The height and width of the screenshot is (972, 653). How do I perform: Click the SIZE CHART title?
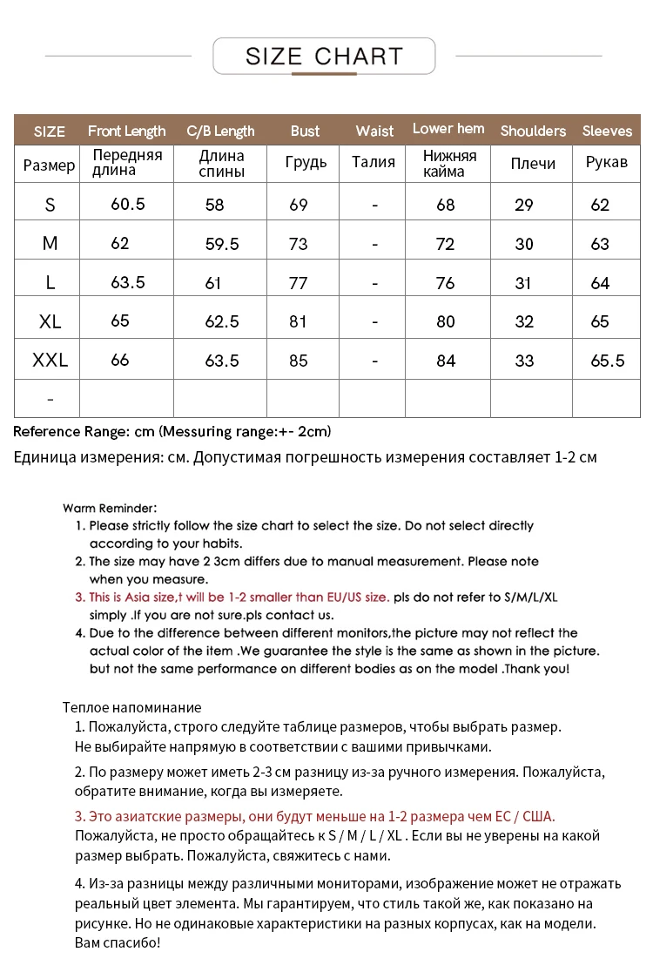324,57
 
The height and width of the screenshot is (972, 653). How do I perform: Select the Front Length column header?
126,131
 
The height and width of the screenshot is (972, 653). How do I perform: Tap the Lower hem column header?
448,129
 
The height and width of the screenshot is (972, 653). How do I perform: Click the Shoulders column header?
533,131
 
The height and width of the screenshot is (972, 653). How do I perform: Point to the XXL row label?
50,360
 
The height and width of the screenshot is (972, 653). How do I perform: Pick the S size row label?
50,206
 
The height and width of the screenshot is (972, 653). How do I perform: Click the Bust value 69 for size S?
299,206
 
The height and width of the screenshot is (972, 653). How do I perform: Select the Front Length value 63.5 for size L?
128,282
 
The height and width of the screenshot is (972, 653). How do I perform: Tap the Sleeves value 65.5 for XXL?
607,361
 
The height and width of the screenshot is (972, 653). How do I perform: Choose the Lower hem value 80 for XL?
446,321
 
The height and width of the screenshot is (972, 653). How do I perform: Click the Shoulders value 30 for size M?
524,245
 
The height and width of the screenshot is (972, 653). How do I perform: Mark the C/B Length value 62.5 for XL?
221,321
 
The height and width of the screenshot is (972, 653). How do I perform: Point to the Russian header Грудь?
306,163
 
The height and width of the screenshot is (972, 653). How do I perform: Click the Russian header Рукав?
607,163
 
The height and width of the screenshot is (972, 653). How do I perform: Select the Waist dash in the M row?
374,245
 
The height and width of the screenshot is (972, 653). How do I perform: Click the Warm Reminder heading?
110,508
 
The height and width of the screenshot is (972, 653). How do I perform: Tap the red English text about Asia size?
239,597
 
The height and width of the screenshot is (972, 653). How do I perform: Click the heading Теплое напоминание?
131,707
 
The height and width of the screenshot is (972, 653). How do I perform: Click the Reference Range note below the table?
172,431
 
